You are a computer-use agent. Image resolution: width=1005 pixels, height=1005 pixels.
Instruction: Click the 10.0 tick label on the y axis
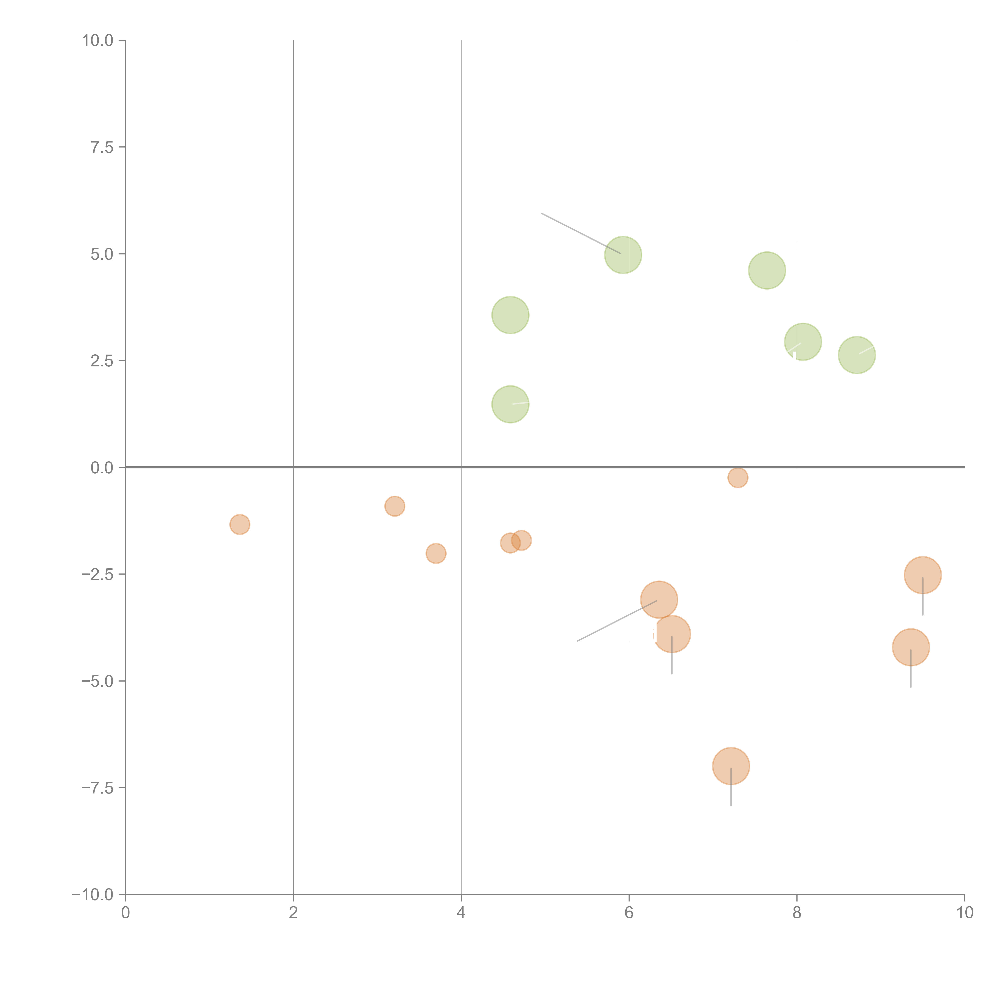click(98, 41)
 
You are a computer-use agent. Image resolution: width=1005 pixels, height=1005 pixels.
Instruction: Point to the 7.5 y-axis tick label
click(102, 147)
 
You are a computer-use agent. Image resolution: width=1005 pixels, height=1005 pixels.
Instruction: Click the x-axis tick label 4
click(461, 913)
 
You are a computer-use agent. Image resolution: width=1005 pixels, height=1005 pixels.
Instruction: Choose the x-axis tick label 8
click(796, 913)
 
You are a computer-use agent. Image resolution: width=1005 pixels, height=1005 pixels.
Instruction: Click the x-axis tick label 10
click(964, 913)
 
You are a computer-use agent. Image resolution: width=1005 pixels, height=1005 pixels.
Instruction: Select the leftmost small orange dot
click(240, 524)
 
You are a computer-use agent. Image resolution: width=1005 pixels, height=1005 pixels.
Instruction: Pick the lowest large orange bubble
click(731, 766)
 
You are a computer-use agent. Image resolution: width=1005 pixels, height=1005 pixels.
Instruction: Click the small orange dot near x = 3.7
click(436, 553)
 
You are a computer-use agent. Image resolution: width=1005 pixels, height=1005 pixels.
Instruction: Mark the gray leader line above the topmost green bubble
click(580, 233)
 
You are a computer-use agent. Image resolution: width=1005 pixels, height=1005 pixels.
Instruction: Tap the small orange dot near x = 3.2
click(395, 506)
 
